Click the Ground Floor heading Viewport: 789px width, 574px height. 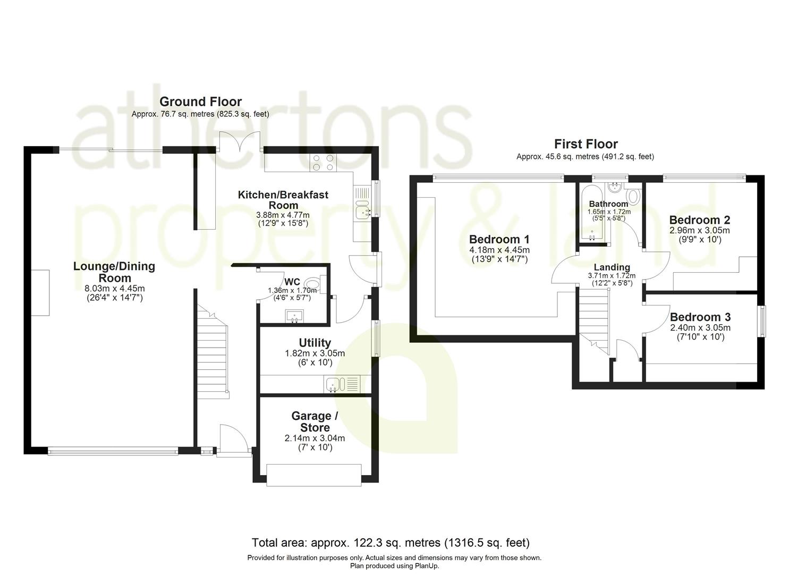click(200, 102)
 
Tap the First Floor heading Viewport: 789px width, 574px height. click(586, 144)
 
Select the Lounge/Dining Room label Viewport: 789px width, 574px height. click(114, 272)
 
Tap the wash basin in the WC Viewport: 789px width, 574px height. click(294, 317)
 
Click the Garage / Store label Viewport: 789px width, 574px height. click(315, 421)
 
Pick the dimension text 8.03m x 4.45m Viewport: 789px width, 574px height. click(114, 289)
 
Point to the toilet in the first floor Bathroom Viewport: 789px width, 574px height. click(633, 197)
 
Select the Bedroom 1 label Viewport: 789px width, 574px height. click(499, 239)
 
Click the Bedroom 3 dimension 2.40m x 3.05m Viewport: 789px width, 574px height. click(700, 328)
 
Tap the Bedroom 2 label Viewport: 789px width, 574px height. click(699, 220)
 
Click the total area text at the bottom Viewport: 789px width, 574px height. click(391, 543)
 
